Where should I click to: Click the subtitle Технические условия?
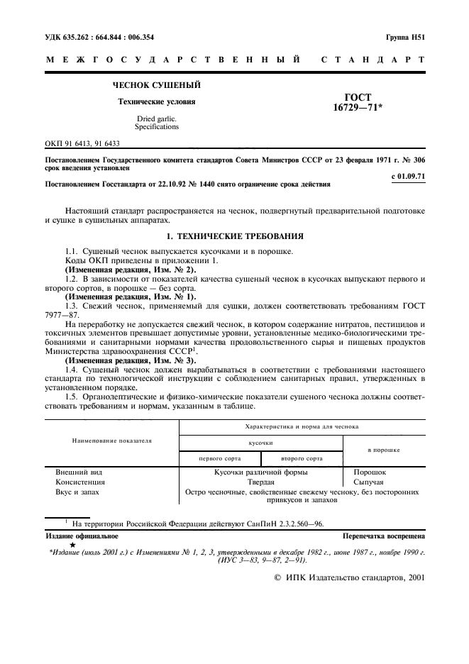pyautogui.click(x=157, y=101)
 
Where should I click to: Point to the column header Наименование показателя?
pyautogui.click(x=111, y=441)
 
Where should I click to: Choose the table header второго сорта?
pyautogui.click(x=302, y=458)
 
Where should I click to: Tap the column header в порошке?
pyautogui.click(x=383, y=450)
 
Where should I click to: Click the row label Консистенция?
pyautogui.click(x=80, y=481)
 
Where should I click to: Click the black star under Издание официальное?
pyautogui.click(x=72, y=545)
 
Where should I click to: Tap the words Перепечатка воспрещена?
pyautogui.click(x=383, y=536)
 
